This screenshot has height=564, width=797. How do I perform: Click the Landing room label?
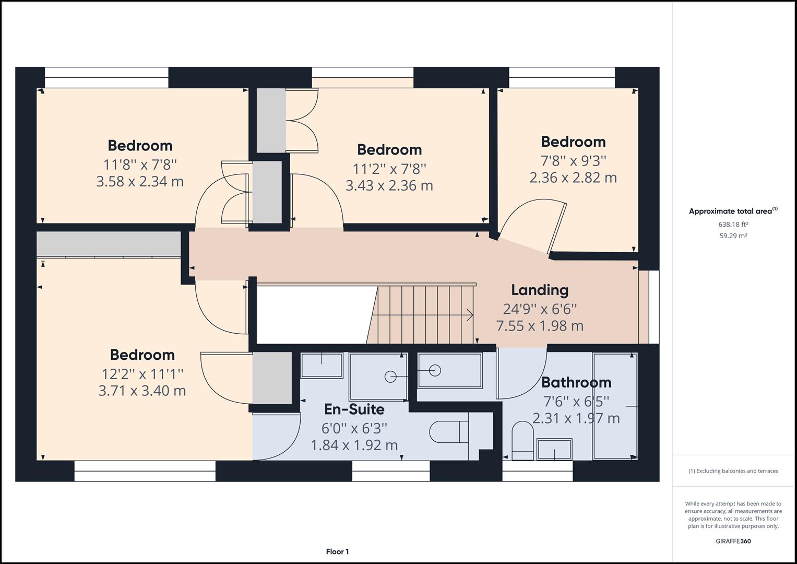point(539,290)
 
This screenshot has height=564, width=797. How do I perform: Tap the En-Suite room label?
point(354,409)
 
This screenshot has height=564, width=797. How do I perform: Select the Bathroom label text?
point(576,382)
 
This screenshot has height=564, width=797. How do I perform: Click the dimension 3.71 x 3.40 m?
point(142,391)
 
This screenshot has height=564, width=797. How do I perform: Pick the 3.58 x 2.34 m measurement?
point(140,182)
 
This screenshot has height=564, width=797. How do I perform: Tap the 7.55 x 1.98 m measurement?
point(539,326)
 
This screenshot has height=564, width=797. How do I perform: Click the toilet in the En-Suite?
point(449,432)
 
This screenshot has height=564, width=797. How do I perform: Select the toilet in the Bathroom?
point(522,440)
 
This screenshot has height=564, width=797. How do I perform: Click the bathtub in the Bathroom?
point(615,406)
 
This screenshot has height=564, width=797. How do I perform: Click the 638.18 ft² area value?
point(733,225)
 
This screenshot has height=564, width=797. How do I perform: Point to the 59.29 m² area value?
point(733,236)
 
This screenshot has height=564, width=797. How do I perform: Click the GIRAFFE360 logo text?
point(733,541)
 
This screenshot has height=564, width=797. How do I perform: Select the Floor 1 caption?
point(337,551)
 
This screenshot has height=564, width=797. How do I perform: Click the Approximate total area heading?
point(733,211)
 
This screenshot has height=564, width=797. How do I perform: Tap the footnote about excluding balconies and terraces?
point(733,471)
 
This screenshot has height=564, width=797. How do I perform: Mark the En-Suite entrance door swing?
point(279,436)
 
